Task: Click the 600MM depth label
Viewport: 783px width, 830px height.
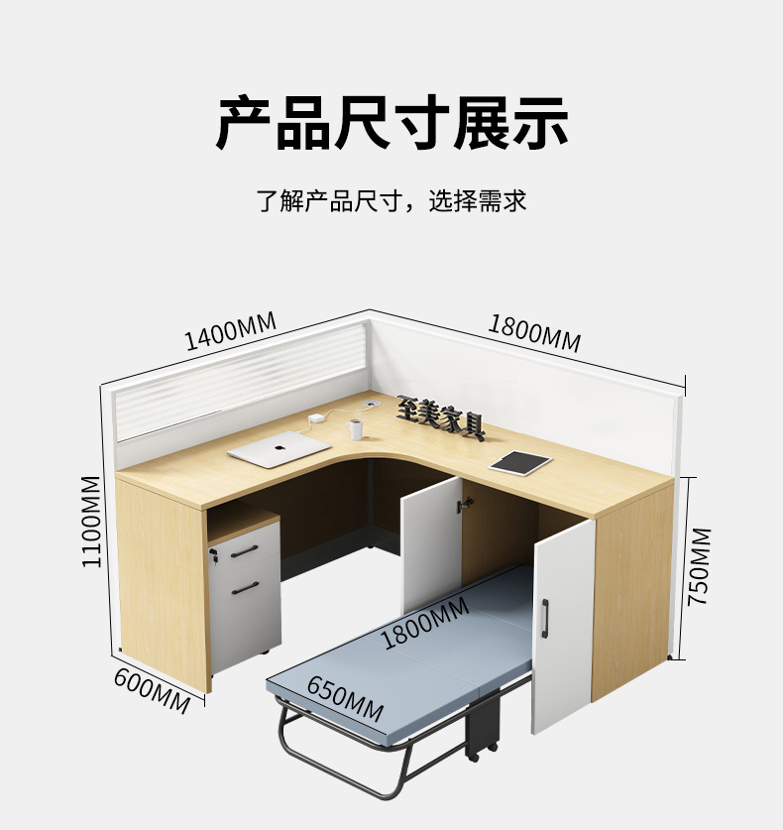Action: click(x=152, y=690)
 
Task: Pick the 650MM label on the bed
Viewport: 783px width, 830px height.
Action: click(x=344, y=699)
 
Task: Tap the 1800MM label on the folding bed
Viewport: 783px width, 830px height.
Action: click(x=425, y=624)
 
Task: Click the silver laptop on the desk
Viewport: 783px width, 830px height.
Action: click(x=279, y=449)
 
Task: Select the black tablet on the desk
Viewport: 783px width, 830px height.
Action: click(x=519, y=462)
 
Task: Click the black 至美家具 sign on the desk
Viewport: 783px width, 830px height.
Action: click(x=441, y=417)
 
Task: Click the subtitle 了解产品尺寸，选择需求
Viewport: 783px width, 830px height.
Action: click(x=391, y=201)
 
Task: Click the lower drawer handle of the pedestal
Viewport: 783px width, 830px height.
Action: click(x=246, y=589)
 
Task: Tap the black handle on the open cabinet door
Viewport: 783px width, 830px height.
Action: click(x=544, y=614)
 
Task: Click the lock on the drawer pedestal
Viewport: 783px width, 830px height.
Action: click(x=215, y=561)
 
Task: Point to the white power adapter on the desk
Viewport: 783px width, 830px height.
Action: click(x=315, y=419)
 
